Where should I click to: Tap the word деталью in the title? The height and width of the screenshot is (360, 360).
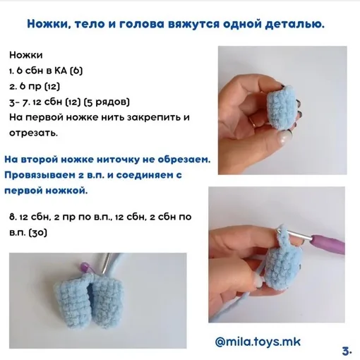[295, 24]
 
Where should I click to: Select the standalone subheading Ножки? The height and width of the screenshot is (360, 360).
[26, 55]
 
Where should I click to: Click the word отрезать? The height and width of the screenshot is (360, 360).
[33, 133]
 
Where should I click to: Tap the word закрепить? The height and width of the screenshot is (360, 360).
[154, 117]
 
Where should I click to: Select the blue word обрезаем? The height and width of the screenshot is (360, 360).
[184, 160]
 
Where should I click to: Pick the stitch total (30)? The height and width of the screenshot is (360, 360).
[37, 233]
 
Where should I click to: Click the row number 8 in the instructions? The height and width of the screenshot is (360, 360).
[13, 217]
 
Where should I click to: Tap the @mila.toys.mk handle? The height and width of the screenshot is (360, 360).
[258, 342]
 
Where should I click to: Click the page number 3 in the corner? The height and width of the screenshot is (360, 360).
[346, 352]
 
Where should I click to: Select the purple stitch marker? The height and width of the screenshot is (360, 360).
[84, 267]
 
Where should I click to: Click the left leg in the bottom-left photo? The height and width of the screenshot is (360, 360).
[71, 299]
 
